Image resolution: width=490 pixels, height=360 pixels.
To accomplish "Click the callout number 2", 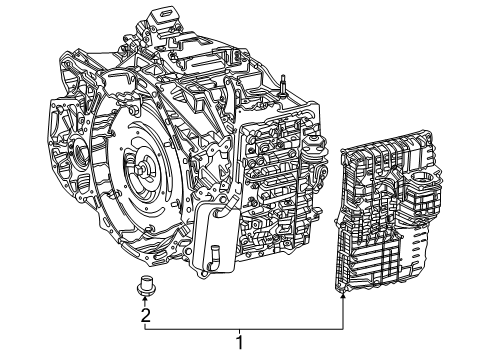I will coord(146,316).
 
